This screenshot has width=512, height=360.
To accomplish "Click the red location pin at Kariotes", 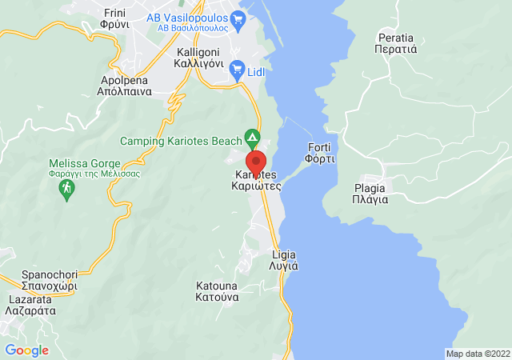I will [x=255, y=161].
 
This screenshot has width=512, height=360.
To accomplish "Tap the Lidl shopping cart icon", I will [x=237, y=70].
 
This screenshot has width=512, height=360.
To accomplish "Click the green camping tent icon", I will [x=252, y=137].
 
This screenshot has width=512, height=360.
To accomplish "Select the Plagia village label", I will [x=371, y=194].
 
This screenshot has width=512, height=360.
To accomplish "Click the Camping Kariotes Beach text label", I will [x=181, y=141].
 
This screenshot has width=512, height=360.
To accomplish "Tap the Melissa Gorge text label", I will [x=94, y=169].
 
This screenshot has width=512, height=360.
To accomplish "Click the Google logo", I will [x=27, y=350].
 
